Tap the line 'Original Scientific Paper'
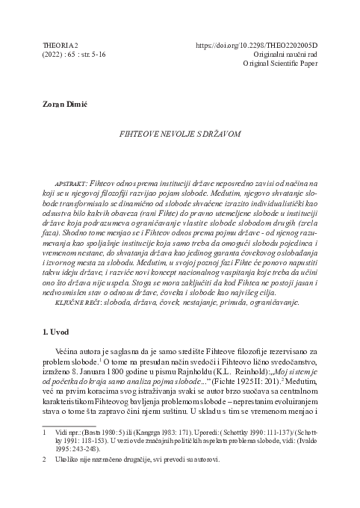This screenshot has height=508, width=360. (271, 65)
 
